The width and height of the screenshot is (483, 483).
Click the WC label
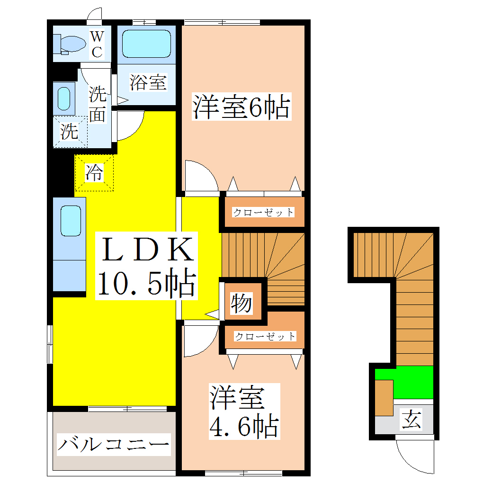pyautogui.click(x=97, y=44)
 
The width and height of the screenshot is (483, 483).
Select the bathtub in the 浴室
pyautogui.click(x=146, y=44)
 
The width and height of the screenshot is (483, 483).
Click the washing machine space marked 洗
pyautogui.click(x=70, y=131)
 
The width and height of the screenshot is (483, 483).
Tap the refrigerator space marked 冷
pyautogui.click(x=94, y=172)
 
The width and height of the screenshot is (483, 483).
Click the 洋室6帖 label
pyautogui.click(x=241, y=107)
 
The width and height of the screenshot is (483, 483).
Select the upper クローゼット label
pyautogui.click(x=263, y=212)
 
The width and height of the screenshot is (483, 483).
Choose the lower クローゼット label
pyautogui.click(x=265, y=337)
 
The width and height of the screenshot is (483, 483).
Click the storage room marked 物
pyautogui.click(x=241, y=304)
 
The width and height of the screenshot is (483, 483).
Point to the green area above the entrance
pyautogui.click(x=412, y=382)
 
